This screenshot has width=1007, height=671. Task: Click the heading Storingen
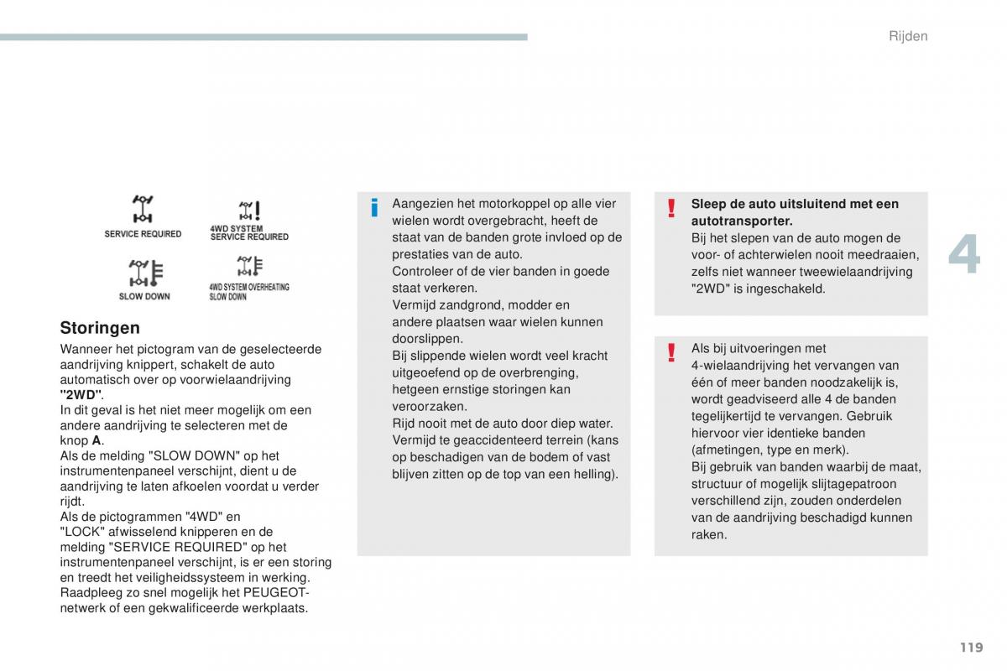pyautogui.click(x=100, y=328)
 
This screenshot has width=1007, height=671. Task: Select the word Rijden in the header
pyautogui.click(x=908, y=36)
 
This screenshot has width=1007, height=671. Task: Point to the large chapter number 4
pyautogui.click(x=964, y=254)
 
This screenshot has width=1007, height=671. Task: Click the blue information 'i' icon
pyautogui.click(x=374, y=207)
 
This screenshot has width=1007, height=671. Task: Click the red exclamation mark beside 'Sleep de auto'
pyautogui.click(x=671, y=207)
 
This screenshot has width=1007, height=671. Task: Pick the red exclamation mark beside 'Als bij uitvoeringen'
pyautogui.click(x=671, y=352)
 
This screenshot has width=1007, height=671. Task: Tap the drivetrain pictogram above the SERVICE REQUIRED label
pyautogui.click(x=142, y=210)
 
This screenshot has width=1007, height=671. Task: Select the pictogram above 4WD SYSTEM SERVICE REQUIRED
pyautogui.click(x=248, y=210)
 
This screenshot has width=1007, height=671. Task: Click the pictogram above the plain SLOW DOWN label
pyautogui.click(x=143, y=273)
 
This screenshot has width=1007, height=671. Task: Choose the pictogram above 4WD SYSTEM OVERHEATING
pyautogui.click(x=248, y=267)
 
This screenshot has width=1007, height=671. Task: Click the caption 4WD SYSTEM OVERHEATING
pyautogui.click(x=249, y=287)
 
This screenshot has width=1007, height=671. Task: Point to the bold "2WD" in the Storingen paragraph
pyautogui.click(x=81, y=395)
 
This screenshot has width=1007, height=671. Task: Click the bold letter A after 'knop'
pyautogui.click(x=97, y=440)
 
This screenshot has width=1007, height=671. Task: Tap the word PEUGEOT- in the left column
pyautogui.click(x=276, y=593)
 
